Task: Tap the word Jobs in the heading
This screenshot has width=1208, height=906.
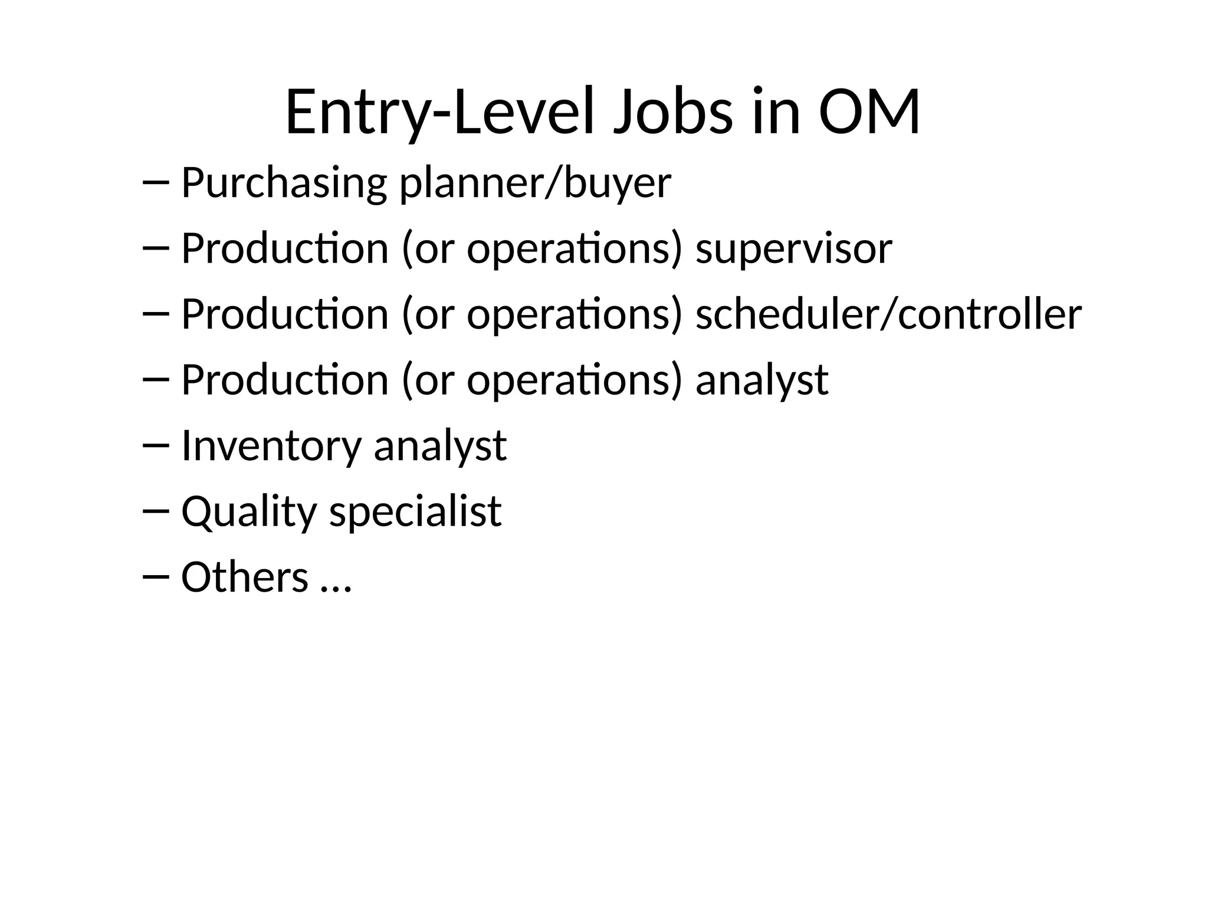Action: pos(673,112)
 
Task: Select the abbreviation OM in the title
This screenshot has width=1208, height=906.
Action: pos(869,112)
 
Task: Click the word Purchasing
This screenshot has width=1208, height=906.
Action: pos(284,183)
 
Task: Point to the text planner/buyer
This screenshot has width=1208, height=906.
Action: pos(535,183)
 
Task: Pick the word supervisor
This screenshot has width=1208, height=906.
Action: pos(793,249)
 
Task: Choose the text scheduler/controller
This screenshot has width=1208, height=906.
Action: pos(888,314)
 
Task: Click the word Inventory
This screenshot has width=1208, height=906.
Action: pos(271,445)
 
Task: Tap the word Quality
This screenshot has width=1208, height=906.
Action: pos(249,511)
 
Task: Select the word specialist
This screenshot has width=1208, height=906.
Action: pos(415,511)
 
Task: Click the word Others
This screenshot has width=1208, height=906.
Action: pos(245,576)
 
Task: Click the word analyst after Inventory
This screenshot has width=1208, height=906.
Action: pos(440,445)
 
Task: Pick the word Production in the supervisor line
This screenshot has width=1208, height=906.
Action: pos(284,249)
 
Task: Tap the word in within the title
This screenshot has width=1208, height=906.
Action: pos(776,112)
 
